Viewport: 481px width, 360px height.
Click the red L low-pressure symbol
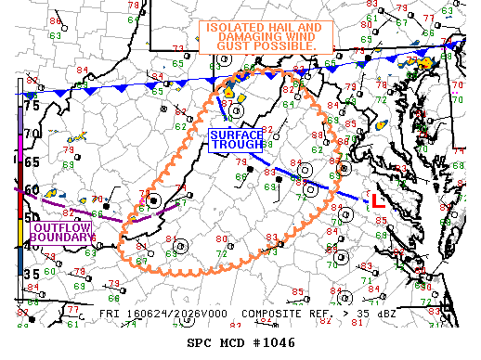coord(377,199)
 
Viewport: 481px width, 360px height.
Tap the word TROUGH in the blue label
coord(237,146)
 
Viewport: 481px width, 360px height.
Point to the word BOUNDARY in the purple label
coord(62,238)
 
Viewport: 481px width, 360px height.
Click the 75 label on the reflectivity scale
coord(32,106)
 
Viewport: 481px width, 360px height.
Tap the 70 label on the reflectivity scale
coord(32,134)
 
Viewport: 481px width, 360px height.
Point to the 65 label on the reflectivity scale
coord(32,161)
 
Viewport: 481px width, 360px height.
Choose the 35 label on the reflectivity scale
coord(32,275)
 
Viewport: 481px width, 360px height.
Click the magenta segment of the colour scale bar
coord(19,148)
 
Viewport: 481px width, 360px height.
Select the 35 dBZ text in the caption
coord(375,315)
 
